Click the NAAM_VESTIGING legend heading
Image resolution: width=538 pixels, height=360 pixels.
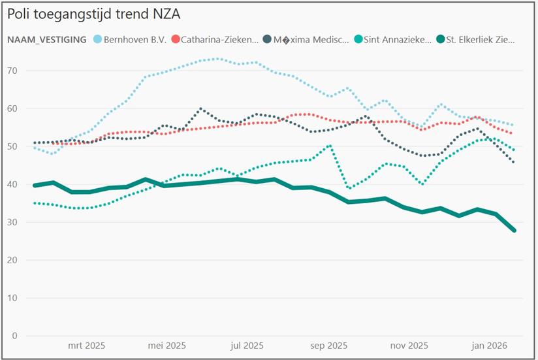coord(47,39)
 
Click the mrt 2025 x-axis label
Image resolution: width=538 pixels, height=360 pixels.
coord(86,346)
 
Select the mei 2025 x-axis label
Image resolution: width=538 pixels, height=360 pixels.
coord(167,346)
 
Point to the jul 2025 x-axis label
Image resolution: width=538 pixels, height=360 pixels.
coord(247,346)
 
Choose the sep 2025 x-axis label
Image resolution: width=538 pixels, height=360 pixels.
coord(328,346)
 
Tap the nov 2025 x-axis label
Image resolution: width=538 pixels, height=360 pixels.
coord(409,346)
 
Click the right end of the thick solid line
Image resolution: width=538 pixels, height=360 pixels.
coord(514,230)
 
